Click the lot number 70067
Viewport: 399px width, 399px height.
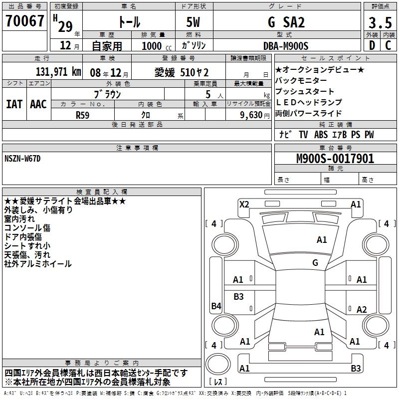[24, 21]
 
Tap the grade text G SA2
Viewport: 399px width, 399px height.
[286, 22]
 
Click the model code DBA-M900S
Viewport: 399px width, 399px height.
[286, 45]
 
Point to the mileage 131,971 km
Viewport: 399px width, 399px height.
[58, 71]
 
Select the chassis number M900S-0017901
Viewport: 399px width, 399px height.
[335, 159]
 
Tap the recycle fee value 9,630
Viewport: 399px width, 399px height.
[251, 115]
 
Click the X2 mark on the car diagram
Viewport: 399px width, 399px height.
[244, 204]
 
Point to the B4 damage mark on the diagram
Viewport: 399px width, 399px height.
[216, 306]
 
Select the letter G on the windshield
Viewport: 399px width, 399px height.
[315, 262]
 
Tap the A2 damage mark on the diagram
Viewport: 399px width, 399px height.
[362, 309]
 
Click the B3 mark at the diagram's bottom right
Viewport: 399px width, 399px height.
[356, 368]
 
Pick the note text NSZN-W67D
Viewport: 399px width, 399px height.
[22, 159]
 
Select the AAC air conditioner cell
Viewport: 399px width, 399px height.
[38, 104]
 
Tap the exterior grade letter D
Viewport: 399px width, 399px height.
[372, 45]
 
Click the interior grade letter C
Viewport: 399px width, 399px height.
[388, 45]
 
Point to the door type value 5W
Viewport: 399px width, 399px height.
[193, 22]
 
